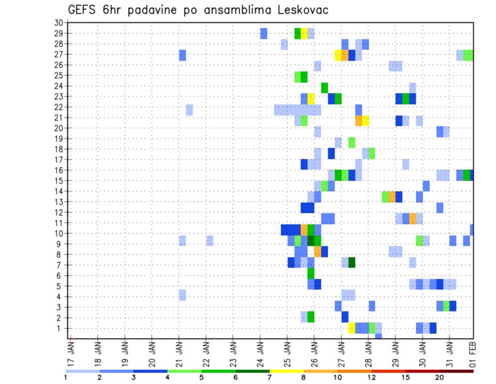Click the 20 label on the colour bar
440,377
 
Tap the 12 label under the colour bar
371,377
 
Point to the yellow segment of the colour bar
287,371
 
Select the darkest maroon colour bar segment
457,371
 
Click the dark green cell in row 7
351,262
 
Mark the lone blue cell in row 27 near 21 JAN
182,55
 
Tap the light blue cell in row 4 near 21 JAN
182,295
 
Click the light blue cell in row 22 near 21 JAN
189,110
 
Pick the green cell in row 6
311,273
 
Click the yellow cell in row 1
351,328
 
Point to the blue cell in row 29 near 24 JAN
263,34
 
